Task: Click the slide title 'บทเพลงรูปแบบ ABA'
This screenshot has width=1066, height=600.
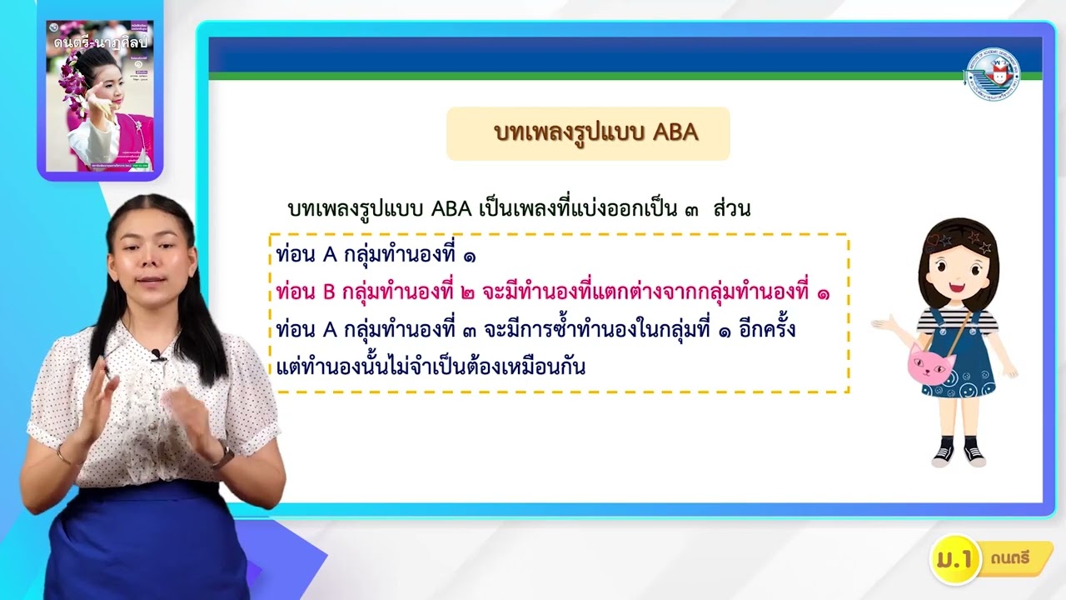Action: point(595,133)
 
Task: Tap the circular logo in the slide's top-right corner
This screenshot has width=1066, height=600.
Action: point(993,74)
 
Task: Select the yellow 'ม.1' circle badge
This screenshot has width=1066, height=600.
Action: point(954,559)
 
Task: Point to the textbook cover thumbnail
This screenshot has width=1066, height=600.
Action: point(100,96)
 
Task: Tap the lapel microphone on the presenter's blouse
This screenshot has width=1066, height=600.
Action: point(157,356)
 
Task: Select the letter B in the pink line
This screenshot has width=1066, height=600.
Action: point(327,292)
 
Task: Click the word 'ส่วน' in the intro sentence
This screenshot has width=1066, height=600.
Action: point(731,209)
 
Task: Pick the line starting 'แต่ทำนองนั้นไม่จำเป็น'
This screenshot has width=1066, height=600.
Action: point(431,367)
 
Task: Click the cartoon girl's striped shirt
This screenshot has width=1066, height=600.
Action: point(958,319)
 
